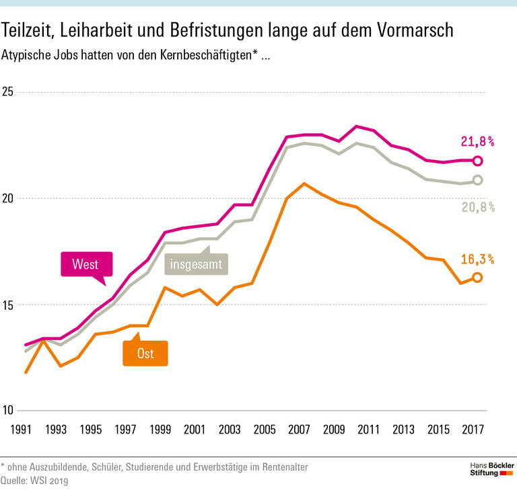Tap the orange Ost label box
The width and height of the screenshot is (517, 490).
click(145, 354)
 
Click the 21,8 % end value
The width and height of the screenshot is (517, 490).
click(477, 141)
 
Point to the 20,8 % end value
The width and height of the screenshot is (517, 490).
click(477, 207)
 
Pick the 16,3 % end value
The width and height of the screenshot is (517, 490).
click(477, 259)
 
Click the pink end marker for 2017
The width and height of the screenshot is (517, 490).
click(478, 161)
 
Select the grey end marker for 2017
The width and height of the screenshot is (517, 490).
click(478, 180)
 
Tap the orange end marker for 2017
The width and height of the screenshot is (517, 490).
click(478, 277)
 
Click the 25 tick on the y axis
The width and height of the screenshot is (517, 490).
click(9, 92)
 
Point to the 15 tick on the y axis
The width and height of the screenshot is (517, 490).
click(9, 305)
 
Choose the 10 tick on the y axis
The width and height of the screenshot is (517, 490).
click(9, 411)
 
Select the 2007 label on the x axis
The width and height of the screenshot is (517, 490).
click(298, 428)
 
